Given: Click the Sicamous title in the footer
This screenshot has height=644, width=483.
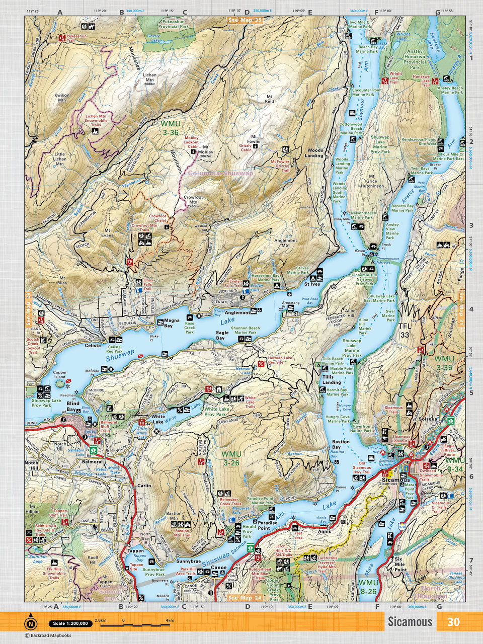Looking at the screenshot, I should pyautogui.click(x=410, y=621).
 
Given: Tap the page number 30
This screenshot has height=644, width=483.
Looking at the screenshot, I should pyautogui.click(x=453, y=621).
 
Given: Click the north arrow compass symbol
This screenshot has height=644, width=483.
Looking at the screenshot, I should pyautogui.click(x=31, y=623).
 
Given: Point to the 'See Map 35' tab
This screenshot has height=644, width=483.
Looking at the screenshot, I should pyautogui.click(x=245, y=20).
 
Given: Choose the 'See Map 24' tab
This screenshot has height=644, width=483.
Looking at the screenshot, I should pyautogui.click(x=245, y=598).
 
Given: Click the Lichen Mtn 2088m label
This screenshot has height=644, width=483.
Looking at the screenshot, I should pyautogui.click(x=149, y=79).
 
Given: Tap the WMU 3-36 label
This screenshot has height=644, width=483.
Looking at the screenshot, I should pyautogui.click(x=170, y=128).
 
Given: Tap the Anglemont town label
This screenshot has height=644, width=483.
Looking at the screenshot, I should pyautogui.click(x=237, y=312).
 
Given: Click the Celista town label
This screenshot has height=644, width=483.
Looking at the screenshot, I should pyautogui.click(x=93, y=346).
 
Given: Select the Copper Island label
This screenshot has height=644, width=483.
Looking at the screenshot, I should pyautogui.click(x=60, y=375).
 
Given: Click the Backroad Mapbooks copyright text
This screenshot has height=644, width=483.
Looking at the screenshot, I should pyautogui.click(x=48, y=635).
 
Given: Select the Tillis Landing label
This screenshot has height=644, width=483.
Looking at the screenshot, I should pyautogui.click(x=328, y=380).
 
